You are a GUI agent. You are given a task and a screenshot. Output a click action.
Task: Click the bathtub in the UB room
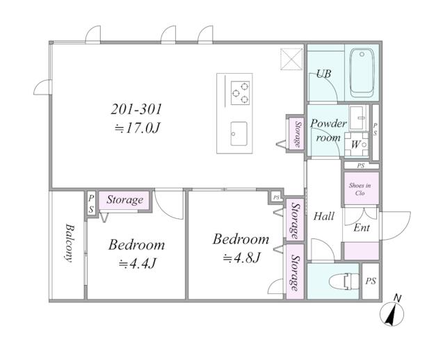[362, 73]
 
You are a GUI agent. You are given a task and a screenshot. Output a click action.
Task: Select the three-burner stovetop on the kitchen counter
[240, 93]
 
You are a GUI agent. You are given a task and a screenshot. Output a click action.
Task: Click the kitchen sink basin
[238, 133]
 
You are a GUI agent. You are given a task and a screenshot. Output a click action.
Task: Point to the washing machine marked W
[357, 145]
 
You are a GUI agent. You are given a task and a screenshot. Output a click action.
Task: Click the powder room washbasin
[358, 117]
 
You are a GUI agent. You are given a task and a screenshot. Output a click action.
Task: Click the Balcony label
[69, 243]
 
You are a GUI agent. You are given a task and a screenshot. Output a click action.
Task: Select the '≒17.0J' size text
[138, 129]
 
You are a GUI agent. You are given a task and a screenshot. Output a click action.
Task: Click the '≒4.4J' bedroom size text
[138, 264]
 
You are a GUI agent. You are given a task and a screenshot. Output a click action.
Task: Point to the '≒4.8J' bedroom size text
[241, 258]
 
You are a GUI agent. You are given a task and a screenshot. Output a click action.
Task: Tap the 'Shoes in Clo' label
[360, 189]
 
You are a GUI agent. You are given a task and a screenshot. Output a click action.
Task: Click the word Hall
[324, 216]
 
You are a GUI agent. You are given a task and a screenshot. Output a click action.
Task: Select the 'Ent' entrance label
[362, 227]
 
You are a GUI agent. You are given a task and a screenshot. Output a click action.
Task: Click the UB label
[323, 74]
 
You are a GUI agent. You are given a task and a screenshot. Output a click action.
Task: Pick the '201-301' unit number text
[136, 109]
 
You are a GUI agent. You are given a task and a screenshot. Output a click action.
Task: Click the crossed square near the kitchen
[291, 59]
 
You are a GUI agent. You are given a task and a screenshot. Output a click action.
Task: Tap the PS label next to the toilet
[371, 281]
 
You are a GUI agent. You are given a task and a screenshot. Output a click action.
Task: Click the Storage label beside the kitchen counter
[298, 134]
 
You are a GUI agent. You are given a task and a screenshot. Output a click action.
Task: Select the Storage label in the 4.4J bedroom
[124, 200]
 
